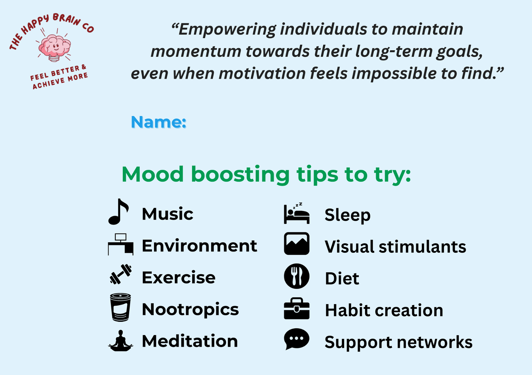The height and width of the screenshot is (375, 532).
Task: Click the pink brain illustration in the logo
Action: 55,48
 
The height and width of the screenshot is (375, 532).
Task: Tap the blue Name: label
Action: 158,122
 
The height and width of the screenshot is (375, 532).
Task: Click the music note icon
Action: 118,212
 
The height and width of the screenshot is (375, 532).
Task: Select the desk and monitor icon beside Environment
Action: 121,244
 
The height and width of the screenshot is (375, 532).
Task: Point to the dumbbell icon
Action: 121,274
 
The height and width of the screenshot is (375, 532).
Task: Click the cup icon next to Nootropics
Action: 120,307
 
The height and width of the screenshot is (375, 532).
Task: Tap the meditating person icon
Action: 121,340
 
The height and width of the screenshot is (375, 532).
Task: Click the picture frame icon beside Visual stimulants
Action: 297,243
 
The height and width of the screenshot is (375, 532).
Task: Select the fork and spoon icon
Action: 297,276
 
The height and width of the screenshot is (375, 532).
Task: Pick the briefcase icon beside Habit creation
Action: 297,308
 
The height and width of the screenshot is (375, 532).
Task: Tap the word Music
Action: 168,214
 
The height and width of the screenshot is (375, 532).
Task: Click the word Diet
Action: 342,278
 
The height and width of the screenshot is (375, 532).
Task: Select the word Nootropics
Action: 190,310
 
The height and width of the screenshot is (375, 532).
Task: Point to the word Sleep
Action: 347,215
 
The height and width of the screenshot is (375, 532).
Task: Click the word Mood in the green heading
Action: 153,174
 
